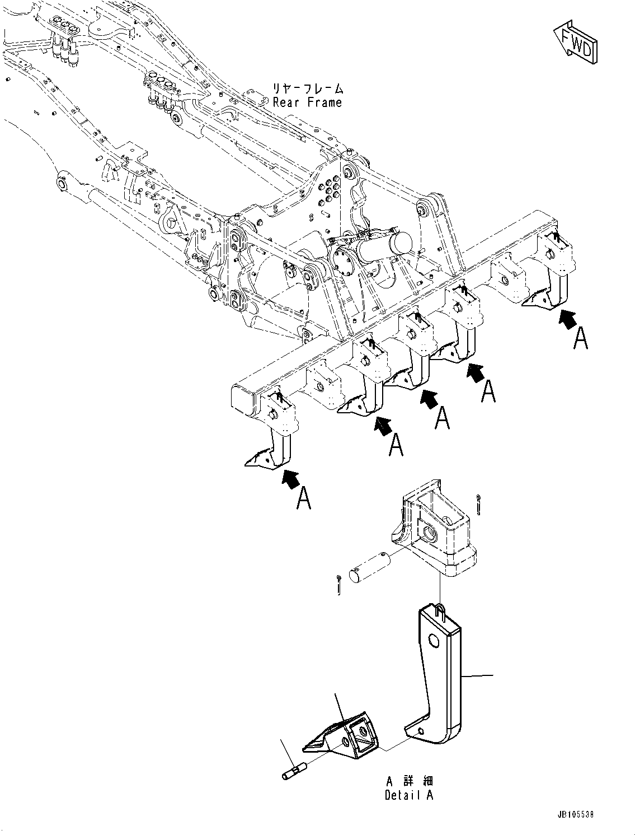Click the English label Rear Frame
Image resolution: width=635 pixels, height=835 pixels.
(307, 102)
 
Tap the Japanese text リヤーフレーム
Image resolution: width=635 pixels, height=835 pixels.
(307, 88)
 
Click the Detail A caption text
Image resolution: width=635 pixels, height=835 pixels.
(408, 795)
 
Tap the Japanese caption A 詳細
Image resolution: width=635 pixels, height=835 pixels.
(408, 781)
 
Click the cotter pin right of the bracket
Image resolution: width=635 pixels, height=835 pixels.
(482, 504)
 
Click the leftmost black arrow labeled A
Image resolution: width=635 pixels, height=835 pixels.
(289, 479)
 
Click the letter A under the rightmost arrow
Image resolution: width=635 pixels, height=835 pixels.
(581, 339)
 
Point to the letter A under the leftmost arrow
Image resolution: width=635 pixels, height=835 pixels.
(303, 498)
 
